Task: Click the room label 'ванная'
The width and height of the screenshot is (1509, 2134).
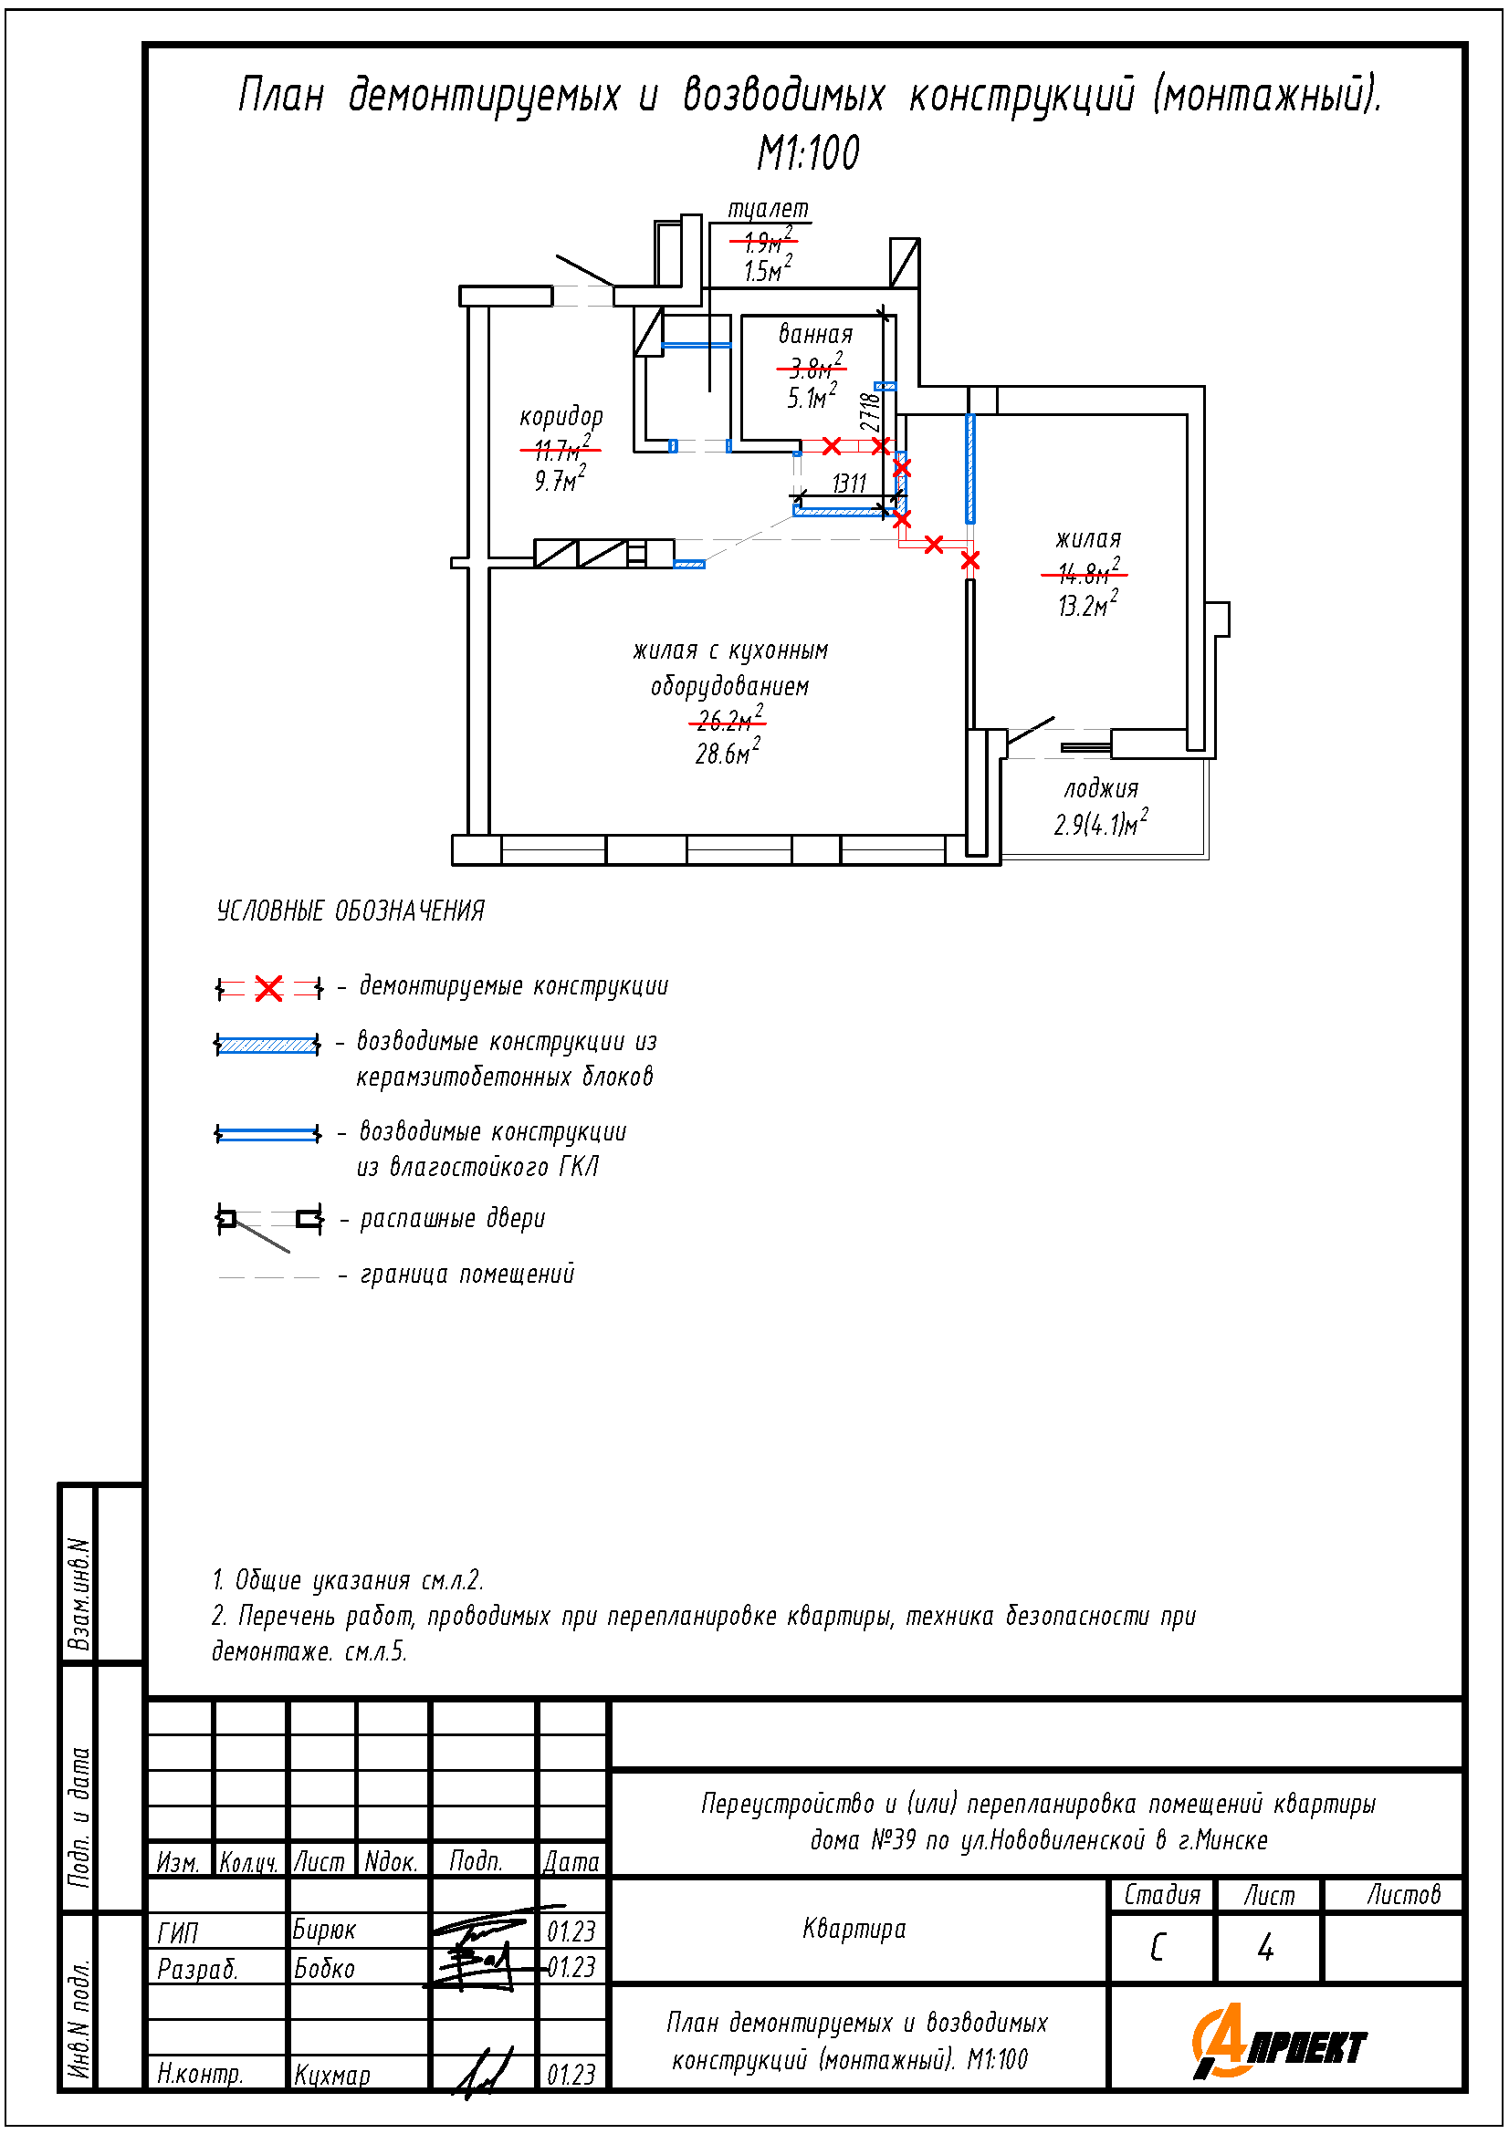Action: click(x=814, y=334)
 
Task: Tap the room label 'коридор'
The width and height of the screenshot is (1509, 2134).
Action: click(x=561, y=416)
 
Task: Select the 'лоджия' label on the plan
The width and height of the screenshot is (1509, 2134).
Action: click(x=1101, y=789)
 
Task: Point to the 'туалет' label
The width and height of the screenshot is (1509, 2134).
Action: click(x=768, y=209)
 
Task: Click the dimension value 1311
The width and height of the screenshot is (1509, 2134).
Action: click(x=849, y=484)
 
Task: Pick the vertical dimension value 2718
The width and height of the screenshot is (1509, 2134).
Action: click(x=869, y=411)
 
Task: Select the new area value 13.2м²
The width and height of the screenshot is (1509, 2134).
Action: click(x=1086, y=606)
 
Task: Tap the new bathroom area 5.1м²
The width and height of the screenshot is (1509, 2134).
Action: click(x=811, y=398)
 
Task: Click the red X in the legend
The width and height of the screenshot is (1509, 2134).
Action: click(x=268, y=988)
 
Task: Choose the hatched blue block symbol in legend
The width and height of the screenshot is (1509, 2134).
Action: click(x=267, y=1045)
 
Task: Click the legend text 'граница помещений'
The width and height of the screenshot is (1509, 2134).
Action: click(x=466, y=1275)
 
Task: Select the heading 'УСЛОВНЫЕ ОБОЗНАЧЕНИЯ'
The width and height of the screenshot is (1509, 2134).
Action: click(x=351, y=911)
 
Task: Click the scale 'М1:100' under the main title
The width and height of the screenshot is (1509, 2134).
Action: click(x=808, y=153)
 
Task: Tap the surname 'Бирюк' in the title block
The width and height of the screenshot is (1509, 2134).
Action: click(x=323, y=1931)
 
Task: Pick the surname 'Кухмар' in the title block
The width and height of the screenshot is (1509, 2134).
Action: click(x=332, y=2075)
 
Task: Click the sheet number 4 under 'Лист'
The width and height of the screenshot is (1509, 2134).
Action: click(x=1265, y=1948)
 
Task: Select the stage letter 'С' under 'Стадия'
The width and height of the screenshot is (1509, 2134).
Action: click(x=1158, y=1948)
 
